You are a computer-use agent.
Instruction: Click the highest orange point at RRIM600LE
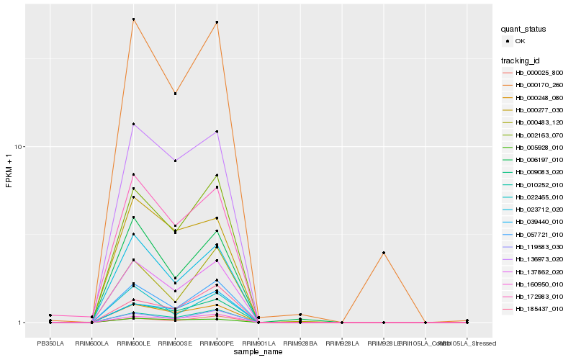tap(134, 19)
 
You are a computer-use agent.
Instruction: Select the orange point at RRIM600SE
tap(176, 94)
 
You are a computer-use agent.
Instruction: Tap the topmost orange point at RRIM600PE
tap(217, 22)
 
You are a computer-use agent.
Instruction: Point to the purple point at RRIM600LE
tap(134, 124)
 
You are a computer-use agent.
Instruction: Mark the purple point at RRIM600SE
tap(176, 161)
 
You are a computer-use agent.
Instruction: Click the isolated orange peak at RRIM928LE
tap(384, 253)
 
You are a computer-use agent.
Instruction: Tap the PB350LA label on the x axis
tap(50, 343)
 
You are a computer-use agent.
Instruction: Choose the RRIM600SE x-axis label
tap(176, 343)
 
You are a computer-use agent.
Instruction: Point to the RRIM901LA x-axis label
tap(258, 343)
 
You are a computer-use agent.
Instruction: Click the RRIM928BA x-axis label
tap(300, 343)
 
